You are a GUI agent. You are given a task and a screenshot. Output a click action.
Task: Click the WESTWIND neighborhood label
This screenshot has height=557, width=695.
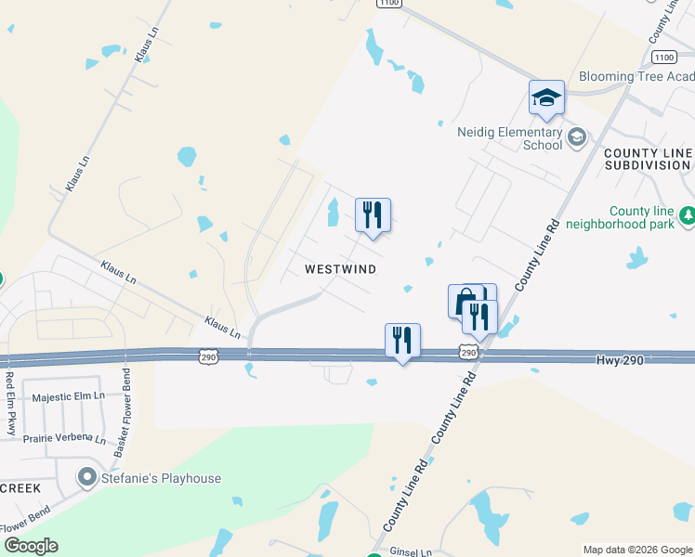tap(341, 269)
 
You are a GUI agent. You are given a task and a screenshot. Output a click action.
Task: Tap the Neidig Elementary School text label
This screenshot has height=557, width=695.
tap(509, 138)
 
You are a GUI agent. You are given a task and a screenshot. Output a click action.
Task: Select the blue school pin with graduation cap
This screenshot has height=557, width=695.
tap(546, 97)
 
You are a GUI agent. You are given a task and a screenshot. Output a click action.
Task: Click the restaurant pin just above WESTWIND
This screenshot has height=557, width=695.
tap(373, 215)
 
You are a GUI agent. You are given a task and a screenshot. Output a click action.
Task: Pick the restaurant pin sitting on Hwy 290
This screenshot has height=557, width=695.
tap(402, 341)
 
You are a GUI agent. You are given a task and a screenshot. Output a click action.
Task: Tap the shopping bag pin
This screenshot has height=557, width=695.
tap(465, 301)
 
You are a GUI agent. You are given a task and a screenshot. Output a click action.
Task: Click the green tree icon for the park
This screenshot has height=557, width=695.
tap(687, 216)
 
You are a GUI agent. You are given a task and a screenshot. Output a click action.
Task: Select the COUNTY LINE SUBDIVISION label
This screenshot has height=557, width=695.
tap(648, 159)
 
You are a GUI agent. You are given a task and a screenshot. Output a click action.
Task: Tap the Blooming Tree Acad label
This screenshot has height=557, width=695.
tap(636, 76)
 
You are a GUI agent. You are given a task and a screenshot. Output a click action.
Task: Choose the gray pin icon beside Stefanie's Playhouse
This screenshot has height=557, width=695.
tap(88, 478)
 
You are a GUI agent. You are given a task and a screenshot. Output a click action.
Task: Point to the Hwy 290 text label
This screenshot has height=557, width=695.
tap(619, 359)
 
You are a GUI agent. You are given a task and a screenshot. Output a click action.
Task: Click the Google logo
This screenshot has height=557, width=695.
tap(31, 546)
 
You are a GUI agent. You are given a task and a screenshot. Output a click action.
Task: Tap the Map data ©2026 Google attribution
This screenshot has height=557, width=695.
tap(636, 550)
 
